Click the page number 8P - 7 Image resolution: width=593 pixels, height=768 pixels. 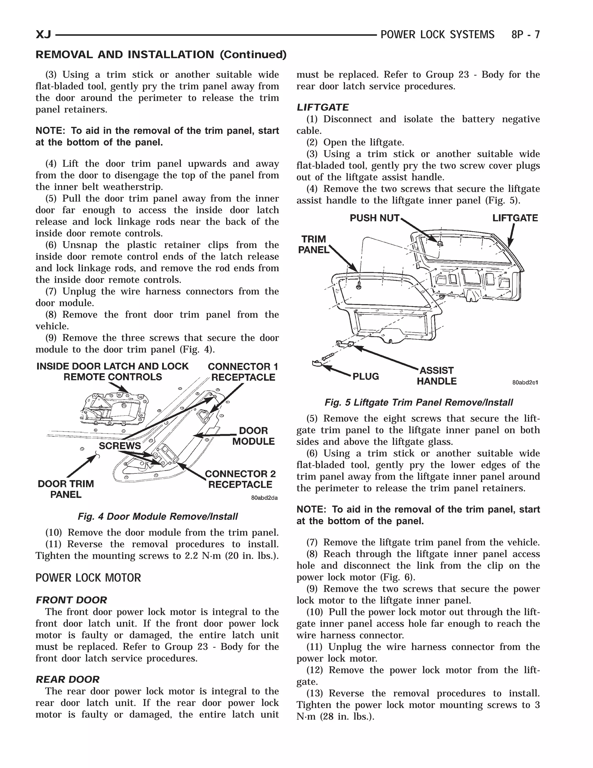click(x=525, y=35)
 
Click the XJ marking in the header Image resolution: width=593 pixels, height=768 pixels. click(x=43, y=35)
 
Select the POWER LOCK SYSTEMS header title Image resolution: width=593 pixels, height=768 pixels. click(x=438, y=35)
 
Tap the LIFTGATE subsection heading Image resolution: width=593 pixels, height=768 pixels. click(x=323, y=107)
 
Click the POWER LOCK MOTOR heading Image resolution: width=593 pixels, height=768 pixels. click(x=88, y=578)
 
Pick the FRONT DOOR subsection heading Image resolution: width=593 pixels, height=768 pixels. click(x=71, y=600)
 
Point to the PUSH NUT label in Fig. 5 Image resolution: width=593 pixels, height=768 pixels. click(x=374, y=219)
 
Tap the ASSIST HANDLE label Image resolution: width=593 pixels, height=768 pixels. click(x=436, y=376)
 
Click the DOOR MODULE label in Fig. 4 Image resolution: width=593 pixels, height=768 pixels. click(x=253, y=436)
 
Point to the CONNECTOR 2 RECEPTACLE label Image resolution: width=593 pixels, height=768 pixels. click(x=240, y=479)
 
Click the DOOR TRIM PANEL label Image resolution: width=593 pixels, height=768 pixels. click(x=66, y=489)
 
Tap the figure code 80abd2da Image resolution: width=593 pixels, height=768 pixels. click(x=264, y=498)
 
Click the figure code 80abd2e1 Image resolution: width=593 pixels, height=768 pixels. click(x=525, y=383)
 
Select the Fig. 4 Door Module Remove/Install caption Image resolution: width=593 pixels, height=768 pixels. click(x=158, y=516)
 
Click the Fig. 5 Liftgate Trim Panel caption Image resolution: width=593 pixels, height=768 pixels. click(x=418, y=402)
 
